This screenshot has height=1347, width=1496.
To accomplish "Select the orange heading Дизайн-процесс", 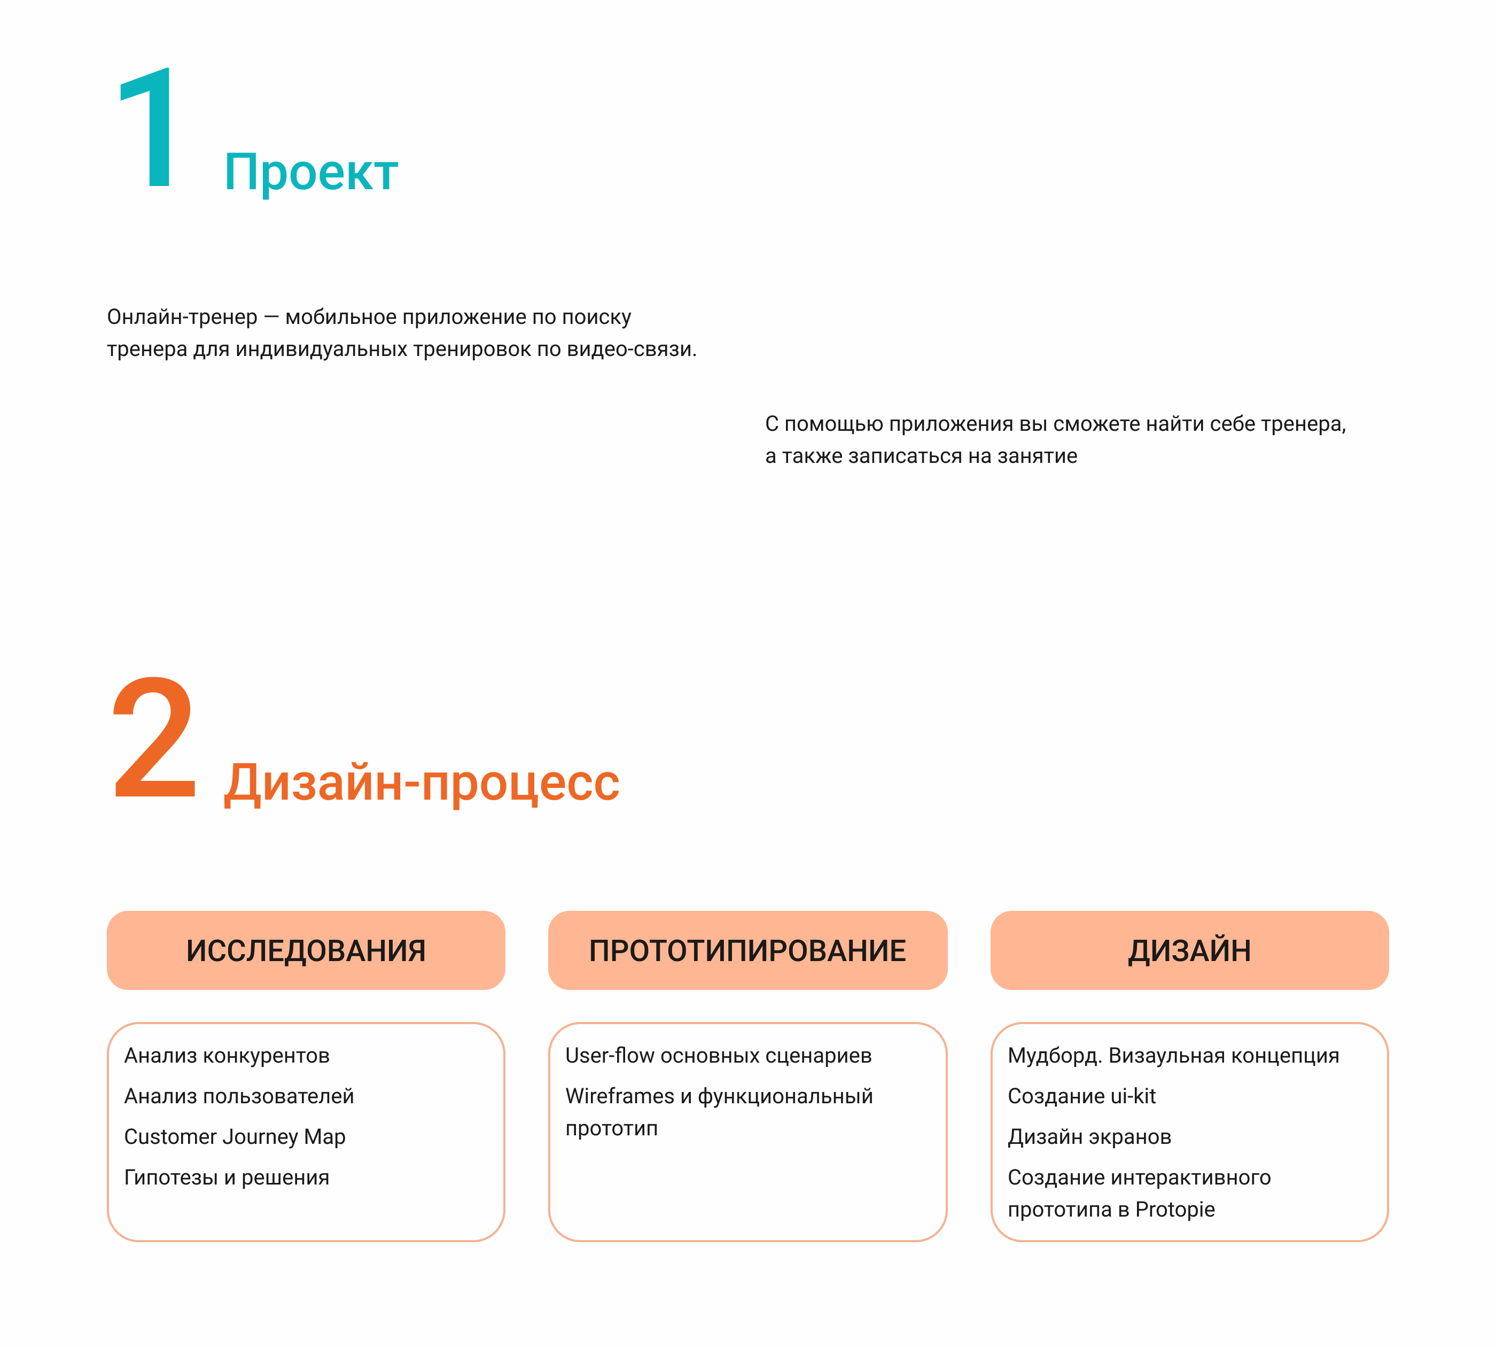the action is pyautogui.click(x=422, y=783).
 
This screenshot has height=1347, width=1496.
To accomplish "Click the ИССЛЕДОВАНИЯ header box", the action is pyautogui.click(x=306, y=950).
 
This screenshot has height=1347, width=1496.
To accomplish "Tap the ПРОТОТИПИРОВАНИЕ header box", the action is pyautogui.click(x=747, y=950).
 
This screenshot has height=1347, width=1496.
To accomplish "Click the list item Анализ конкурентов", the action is pyautogui.click(x=227, y=1055).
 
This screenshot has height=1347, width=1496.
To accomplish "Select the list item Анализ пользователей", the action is pyautogui.click(x=239, y=1096).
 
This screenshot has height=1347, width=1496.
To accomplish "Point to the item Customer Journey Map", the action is pyautogui.click(x=235, y=1137).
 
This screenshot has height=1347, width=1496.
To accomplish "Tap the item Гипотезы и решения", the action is pyautogui.click(x=227, y=1178).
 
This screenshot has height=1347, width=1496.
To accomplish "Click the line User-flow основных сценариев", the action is pyautogui.click(x=719, y=1055).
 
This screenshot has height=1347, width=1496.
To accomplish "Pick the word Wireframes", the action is pyautogui.click(x=620, y=1096).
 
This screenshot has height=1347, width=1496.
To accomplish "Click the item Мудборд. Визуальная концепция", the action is pyautogui.click(x=1173, y=1055).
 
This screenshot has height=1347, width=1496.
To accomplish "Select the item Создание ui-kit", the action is pyautogui.click(x=1082, y=1096).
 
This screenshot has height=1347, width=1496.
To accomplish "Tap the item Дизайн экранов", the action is pyautogui.click(x=1089, y=1137).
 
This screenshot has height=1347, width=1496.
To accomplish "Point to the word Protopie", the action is pyautogui.click(x=1175, y=1209).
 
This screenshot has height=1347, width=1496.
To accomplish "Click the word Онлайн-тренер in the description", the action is pyautogui.click(x=182, y=317).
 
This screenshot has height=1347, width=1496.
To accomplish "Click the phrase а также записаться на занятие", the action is pyautogui.click(x=921, y=456).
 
